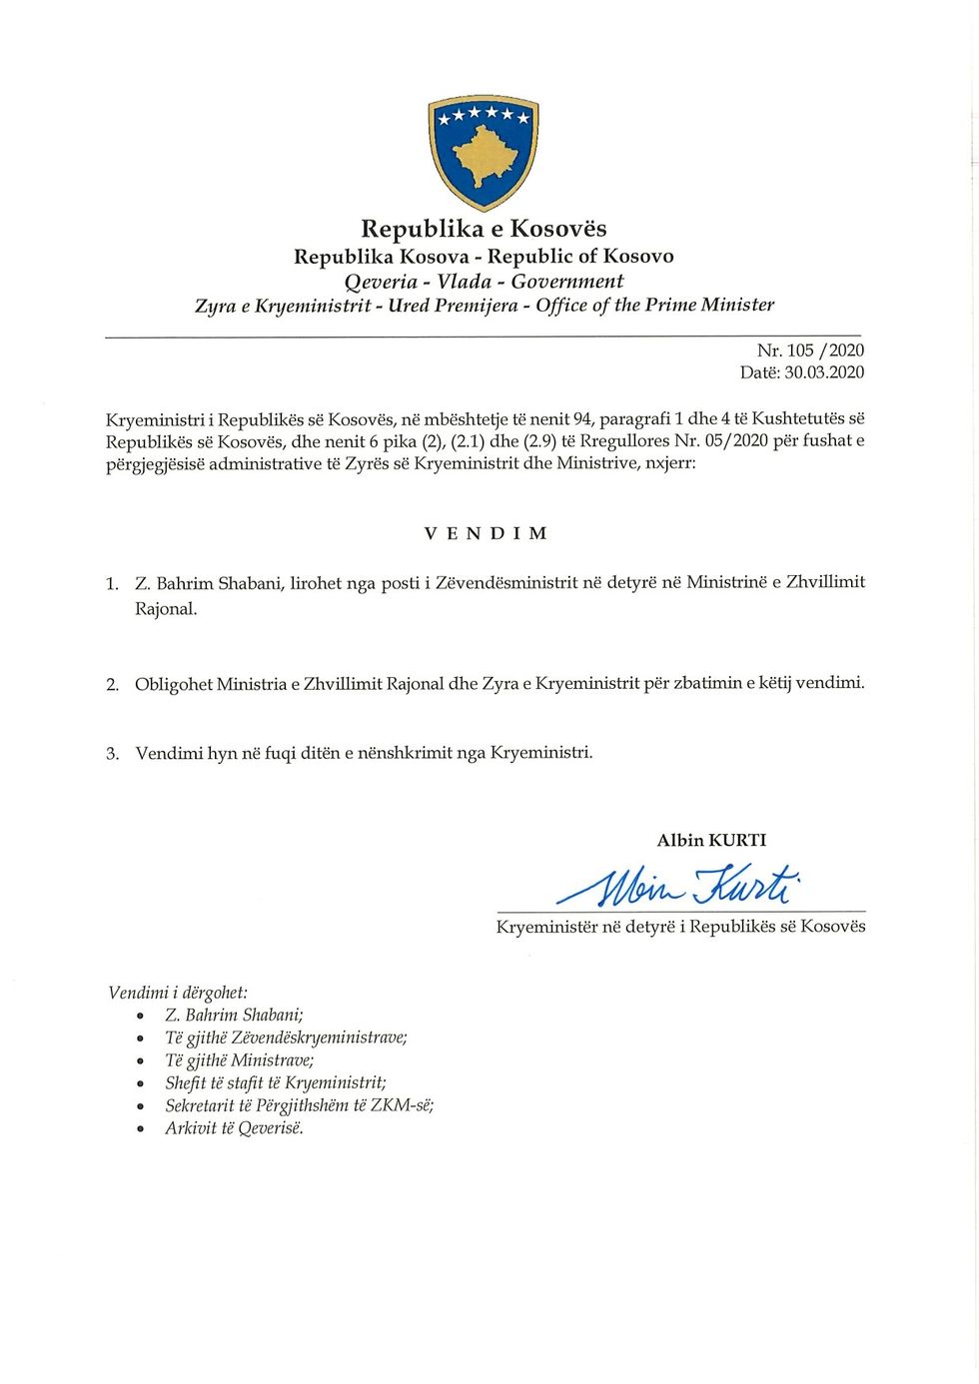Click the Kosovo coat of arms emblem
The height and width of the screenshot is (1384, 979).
pyautogui.click(x=484, y=152)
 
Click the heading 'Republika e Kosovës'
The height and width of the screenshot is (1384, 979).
pyautogui.click(x=484, y=229)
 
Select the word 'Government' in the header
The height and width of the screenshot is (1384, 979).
pyautogui.click(x=567, y=282)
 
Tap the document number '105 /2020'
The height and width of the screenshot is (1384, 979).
pyautogui.click(x=825, y=350)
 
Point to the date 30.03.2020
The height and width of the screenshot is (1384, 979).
pyautogui.click(x=824, y=372)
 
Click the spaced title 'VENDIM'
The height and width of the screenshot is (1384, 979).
pyautogui.click(x=486, y=533)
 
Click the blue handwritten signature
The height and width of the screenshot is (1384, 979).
pyautogui.click(x=679, y=883)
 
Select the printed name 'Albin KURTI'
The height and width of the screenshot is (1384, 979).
pyautogui.click(x=711, y=840)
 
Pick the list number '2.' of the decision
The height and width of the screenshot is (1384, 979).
pyautogui.click(x=113, y=685)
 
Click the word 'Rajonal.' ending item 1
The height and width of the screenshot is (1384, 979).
pyautogui.click(x=166, y=609)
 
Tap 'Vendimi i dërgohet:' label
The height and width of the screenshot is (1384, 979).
pyautogui.click(x=178, y=993)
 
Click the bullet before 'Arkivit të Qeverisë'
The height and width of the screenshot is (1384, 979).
pyautogui.click(x=141, y=1130)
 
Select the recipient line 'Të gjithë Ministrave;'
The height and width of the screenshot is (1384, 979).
pyautogui.click(x=240, y=1060)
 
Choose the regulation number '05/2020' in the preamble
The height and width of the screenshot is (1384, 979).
pyautogui.click(x=736, y=440)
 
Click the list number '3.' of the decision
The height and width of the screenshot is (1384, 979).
pyautogui.click(x=113, y=754)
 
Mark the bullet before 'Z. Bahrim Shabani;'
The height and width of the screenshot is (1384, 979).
pyautogui.click(x=141, y=1017)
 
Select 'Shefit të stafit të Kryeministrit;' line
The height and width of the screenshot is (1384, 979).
pyautogui.click(x=276, y=1082)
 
